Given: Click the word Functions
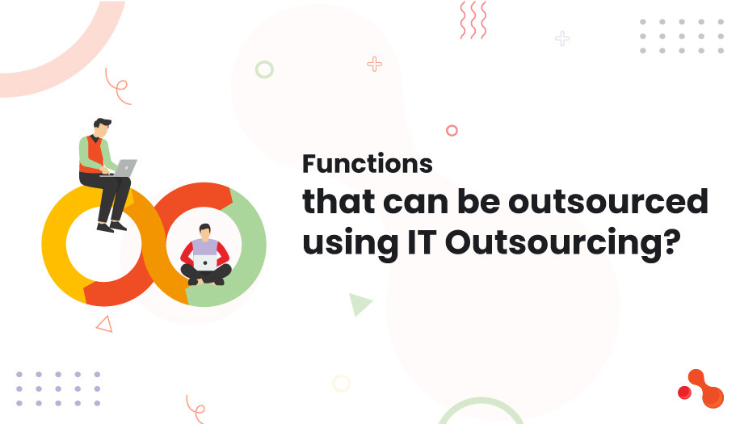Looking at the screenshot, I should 368,164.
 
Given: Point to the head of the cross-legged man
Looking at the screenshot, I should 205,232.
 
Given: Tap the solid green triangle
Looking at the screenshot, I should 359,304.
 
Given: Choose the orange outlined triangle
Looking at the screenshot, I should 104,324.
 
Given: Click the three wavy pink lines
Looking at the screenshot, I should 473,19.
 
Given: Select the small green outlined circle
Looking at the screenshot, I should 264,69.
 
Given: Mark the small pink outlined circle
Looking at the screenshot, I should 452,130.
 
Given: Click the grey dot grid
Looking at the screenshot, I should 681,36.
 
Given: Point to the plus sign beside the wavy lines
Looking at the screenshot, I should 562,38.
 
